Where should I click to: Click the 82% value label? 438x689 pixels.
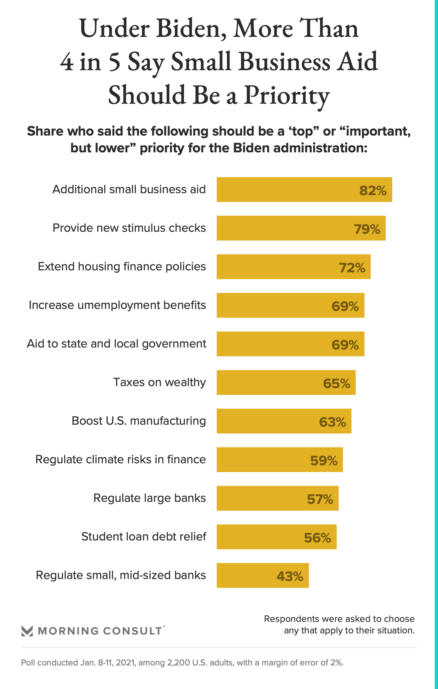tap(373, 191)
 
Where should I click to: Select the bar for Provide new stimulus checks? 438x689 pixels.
tap(301, 228)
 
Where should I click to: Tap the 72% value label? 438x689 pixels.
tap(352, 268)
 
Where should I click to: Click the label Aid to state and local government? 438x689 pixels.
tap(116, 344)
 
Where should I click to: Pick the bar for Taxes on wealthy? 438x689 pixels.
tap(286, 382)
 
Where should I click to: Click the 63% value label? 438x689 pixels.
tap(332, 422)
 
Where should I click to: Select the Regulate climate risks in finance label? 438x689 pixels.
tap(120, 460)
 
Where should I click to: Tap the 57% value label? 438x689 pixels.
tap(320, 499)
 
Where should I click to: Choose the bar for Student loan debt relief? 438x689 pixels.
tap(277, 537)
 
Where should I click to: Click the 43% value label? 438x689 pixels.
tap(290, 577)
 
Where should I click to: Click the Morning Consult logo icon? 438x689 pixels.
tap(27, 631)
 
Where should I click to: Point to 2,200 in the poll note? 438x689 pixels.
tap(179, 663)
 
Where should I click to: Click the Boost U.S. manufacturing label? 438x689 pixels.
tap(139, 421)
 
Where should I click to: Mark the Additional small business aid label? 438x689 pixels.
tap(129, 189)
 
